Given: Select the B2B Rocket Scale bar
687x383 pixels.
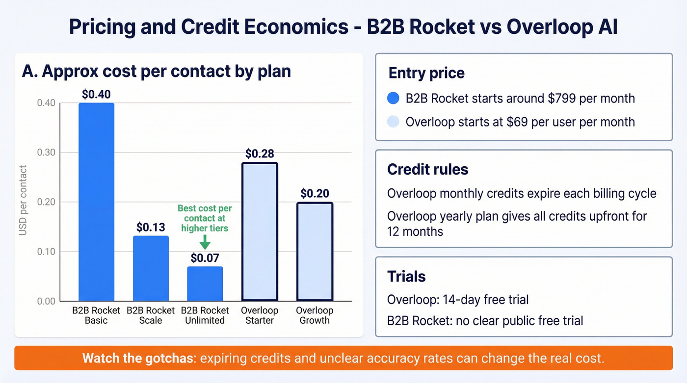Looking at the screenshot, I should coord(151,269).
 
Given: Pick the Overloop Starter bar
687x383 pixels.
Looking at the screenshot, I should coord(260,231).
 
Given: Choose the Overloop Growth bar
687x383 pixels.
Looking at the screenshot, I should coord(315,252).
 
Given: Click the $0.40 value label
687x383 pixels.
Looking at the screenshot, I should coord(96,94).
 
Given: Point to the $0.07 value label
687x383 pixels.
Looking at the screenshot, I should coord(205,258).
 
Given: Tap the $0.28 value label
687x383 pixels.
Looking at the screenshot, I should coord(260,154).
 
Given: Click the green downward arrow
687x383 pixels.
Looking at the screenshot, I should coord(205,241).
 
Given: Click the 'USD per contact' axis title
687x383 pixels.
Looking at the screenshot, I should coord(23,201).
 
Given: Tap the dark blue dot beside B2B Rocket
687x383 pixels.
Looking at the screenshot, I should coord(394,99).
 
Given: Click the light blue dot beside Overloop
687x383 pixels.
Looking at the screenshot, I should coord(394,122).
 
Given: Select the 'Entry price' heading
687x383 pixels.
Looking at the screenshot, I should coord(426,74).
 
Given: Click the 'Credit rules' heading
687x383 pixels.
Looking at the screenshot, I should coord(427,169).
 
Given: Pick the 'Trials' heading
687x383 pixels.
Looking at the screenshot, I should coord(406,277).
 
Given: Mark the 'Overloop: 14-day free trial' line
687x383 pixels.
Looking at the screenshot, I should coord(458,300).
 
